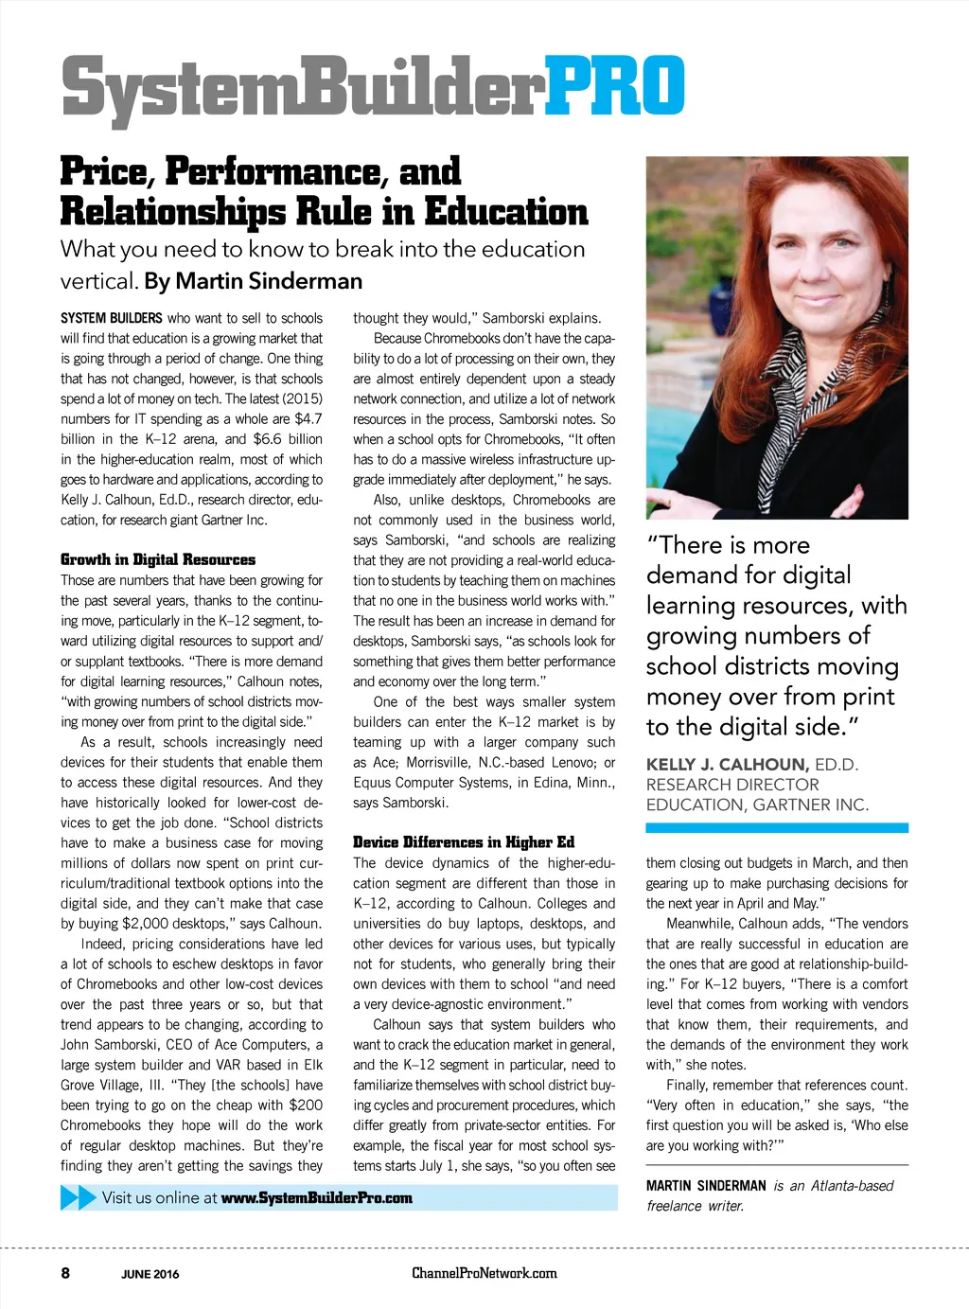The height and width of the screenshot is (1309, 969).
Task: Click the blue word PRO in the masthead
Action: pyautogui.click(x=615, y=87)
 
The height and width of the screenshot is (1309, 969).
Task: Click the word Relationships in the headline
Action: pyautogui.click(x=172, y=211)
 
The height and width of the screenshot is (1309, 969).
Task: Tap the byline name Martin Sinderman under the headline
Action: pyautogui.click(x=269, y=281)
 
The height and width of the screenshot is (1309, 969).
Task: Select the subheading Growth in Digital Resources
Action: pyautogui.click(x=158, y=559)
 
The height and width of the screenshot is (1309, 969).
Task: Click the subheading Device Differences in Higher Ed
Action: pyautogui.click(x=464, y=842)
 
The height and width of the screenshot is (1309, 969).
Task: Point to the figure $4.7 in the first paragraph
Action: pyautogui.click(x=308, y=418)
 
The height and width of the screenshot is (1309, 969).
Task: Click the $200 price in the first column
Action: pyautogui.click(x=306, y=1105)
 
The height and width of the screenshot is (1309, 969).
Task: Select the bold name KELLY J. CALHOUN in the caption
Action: pyautogui.click(x=727, y=765)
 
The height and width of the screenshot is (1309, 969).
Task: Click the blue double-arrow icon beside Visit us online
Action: pyautogui.click(x=79, y=1197)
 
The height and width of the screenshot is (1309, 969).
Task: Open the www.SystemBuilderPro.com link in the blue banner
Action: pyautogui.click(x=317, y=1198)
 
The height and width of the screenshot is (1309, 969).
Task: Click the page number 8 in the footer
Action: pyautogui.click(x=65, y=1273)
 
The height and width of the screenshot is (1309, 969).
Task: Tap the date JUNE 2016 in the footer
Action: pyautogui.click(x=150, y=1274)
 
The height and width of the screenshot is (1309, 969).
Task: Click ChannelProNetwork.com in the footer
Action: pyautogui.click(x=484, y=1273)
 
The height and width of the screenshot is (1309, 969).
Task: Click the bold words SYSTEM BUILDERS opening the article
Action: pyautogui.click(x=112, y=318)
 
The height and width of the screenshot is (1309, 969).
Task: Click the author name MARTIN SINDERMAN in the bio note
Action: pyautogui.click(x=706, y=1186)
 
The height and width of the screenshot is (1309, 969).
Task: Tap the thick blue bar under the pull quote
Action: pyautogui.click(x=776, y=828)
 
